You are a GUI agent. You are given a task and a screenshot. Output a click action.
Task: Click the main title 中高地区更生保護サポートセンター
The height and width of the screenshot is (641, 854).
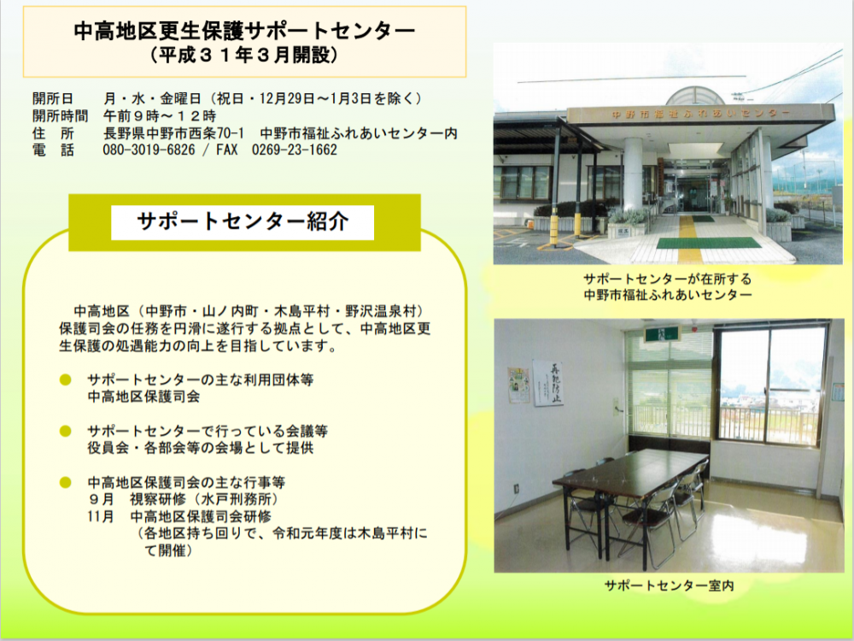click(244, 31)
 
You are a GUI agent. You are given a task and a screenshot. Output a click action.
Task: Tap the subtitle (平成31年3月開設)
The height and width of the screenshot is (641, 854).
click(244, 56)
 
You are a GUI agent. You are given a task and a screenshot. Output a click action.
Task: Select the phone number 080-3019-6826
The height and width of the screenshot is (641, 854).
click(149, 150)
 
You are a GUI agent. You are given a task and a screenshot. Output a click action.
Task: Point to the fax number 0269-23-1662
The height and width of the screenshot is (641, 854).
click(294, 150)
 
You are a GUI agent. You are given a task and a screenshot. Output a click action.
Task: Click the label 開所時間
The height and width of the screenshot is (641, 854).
click(60, 116)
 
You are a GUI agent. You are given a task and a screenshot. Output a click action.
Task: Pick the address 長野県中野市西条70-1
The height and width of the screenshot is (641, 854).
click(173, 133)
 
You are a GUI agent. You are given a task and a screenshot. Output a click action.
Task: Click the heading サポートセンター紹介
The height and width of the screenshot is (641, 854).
click(243, 222)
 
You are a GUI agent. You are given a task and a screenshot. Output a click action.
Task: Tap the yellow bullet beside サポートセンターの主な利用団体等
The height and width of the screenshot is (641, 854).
click(66, 380)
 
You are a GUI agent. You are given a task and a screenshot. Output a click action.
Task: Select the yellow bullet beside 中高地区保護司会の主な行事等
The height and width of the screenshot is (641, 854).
click(66, 482)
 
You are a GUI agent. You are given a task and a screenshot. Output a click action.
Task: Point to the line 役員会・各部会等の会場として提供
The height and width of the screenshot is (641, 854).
click(201, 448)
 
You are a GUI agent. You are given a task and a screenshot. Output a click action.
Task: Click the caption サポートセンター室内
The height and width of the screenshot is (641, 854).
click(669, 586)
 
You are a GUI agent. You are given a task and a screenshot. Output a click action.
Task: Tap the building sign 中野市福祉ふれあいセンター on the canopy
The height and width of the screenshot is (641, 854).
click(701, 114)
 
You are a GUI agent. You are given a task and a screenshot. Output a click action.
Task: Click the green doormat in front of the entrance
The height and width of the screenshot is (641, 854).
click(709, 243)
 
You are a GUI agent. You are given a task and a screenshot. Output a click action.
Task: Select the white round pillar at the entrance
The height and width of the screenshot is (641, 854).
click(632, 173)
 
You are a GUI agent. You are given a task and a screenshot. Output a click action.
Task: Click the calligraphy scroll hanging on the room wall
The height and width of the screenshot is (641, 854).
click(548, 383)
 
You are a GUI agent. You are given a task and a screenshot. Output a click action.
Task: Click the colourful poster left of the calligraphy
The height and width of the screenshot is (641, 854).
click(518, 385)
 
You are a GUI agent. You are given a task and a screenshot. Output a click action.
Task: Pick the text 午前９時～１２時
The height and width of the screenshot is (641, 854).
click(160, 116)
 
